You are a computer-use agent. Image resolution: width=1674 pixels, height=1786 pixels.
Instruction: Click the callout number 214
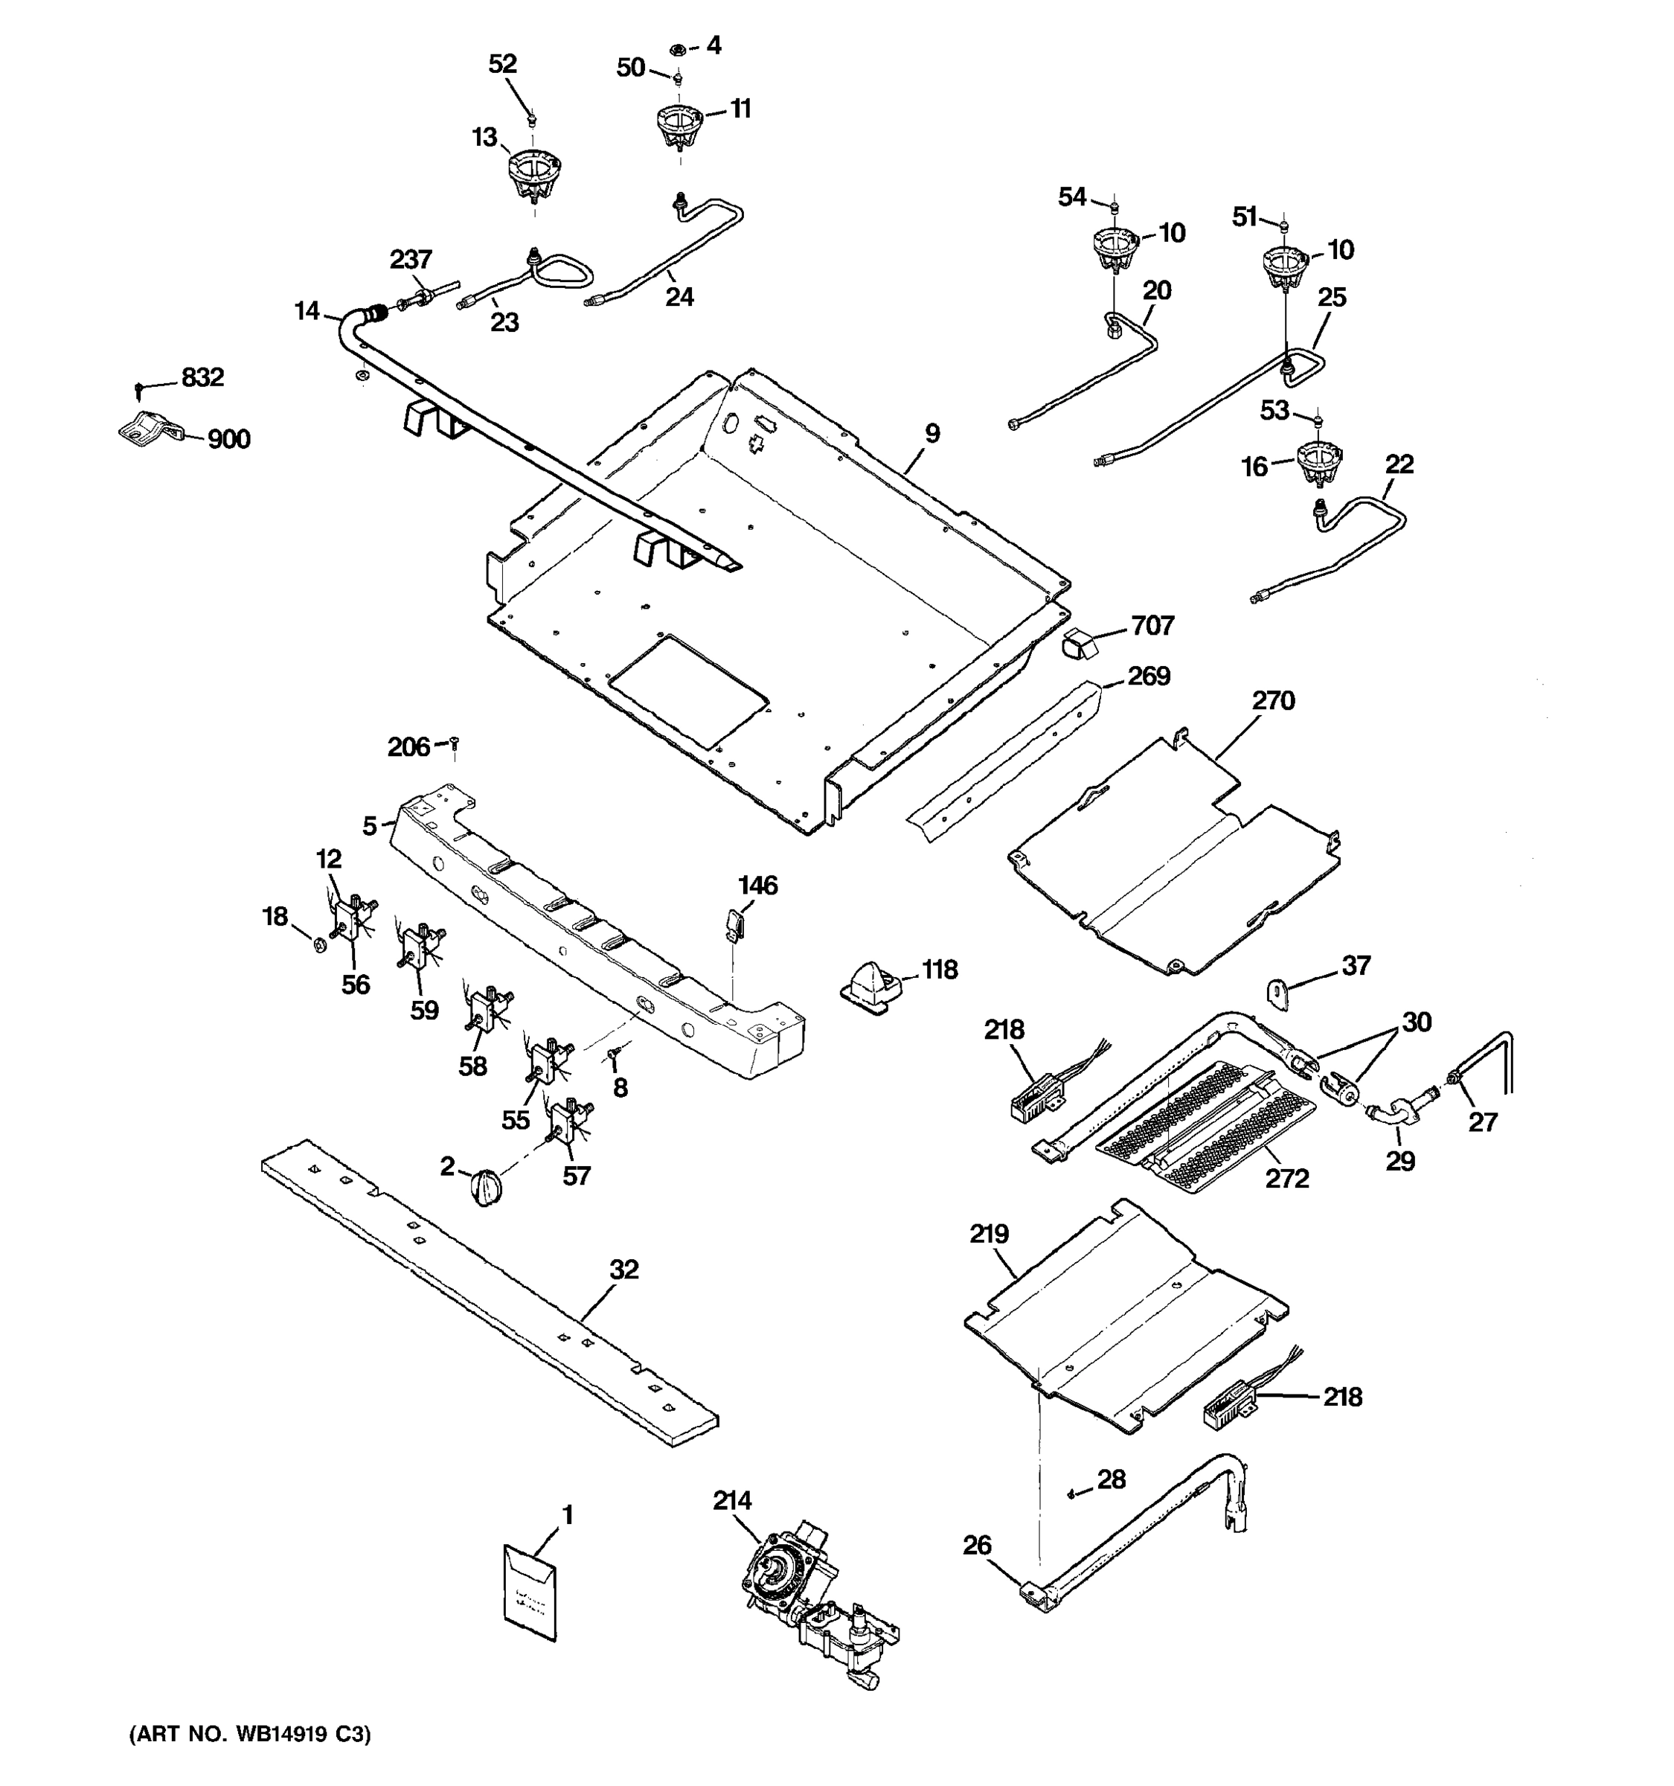click(x=732, y=1500)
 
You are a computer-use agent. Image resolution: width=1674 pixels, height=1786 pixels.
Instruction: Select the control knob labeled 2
click(x=486, y=1188)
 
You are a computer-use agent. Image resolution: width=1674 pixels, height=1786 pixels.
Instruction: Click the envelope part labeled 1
click(x=530, y=1591)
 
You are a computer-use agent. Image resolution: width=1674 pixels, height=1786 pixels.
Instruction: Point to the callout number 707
click(x=1152, y=625)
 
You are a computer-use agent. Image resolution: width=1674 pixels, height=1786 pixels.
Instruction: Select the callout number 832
click(x=202, y=377)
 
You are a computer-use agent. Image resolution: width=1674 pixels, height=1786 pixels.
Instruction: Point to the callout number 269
click(x=1149, y=676)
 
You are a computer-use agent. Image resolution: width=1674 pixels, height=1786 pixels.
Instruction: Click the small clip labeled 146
click(x=734, y=923)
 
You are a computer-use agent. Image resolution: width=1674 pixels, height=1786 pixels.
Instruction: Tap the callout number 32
click(x=623, y=1270)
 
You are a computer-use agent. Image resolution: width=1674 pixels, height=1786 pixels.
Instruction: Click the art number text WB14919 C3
click(x=250, y=1734)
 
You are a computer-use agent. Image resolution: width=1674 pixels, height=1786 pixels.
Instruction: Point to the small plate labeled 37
click(x=1277, y=993)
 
